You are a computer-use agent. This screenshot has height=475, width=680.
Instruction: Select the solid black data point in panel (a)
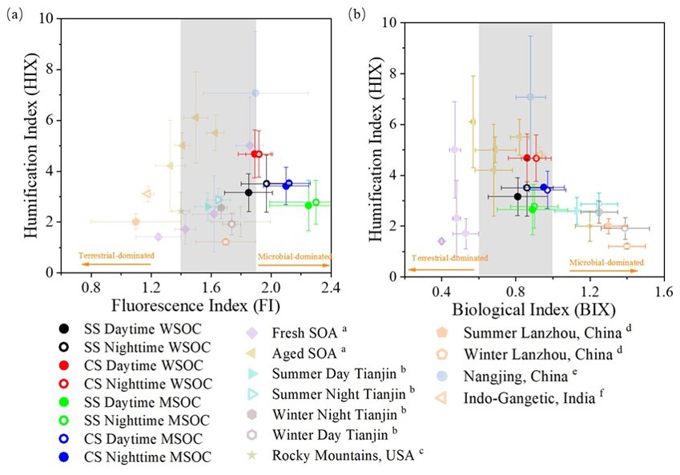(x=249, y=192)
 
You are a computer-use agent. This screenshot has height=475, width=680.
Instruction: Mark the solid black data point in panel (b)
(x=517, y=196)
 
